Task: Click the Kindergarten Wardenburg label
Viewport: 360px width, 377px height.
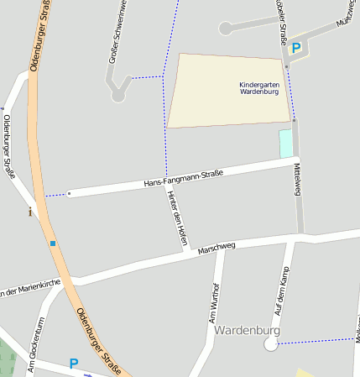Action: click(x=259, y=89)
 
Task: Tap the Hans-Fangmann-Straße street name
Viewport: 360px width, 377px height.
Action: click(x=183, y=177)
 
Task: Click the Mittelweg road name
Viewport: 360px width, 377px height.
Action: click(x=297, y=179)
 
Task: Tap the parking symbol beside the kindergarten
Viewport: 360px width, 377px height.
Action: click(x=295, y=49)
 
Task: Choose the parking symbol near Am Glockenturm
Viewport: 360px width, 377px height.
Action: click(x=73, y=364)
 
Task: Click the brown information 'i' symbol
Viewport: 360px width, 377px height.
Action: click(x=31, y=212)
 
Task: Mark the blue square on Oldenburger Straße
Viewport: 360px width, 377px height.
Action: click(x=53, y=243)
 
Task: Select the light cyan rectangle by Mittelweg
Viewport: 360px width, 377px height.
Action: click(x=286, y=143)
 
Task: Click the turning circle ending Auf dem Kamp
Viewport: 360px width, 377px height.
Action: click(x=270, y=344)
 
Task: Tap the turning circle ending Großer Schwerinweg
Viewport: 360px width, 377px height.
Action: click(x=118, y=96)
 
